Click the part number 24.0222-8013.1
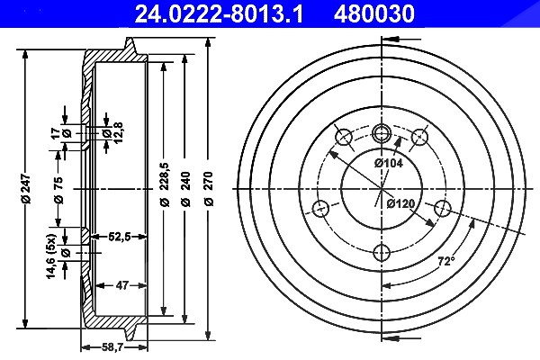(x=219, y=14)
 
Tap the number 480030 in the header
(x=374, y=14)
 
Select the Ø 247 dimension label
(x=26, y=189)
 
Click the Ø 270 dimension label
(x=209, y=189)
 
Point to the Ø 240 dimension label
(x=185, y=189)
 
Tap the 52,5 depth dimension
(x=119, y=237)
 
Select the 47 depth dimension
(x=122, y=285)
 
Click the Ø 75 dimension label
(x=58, y=190)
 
